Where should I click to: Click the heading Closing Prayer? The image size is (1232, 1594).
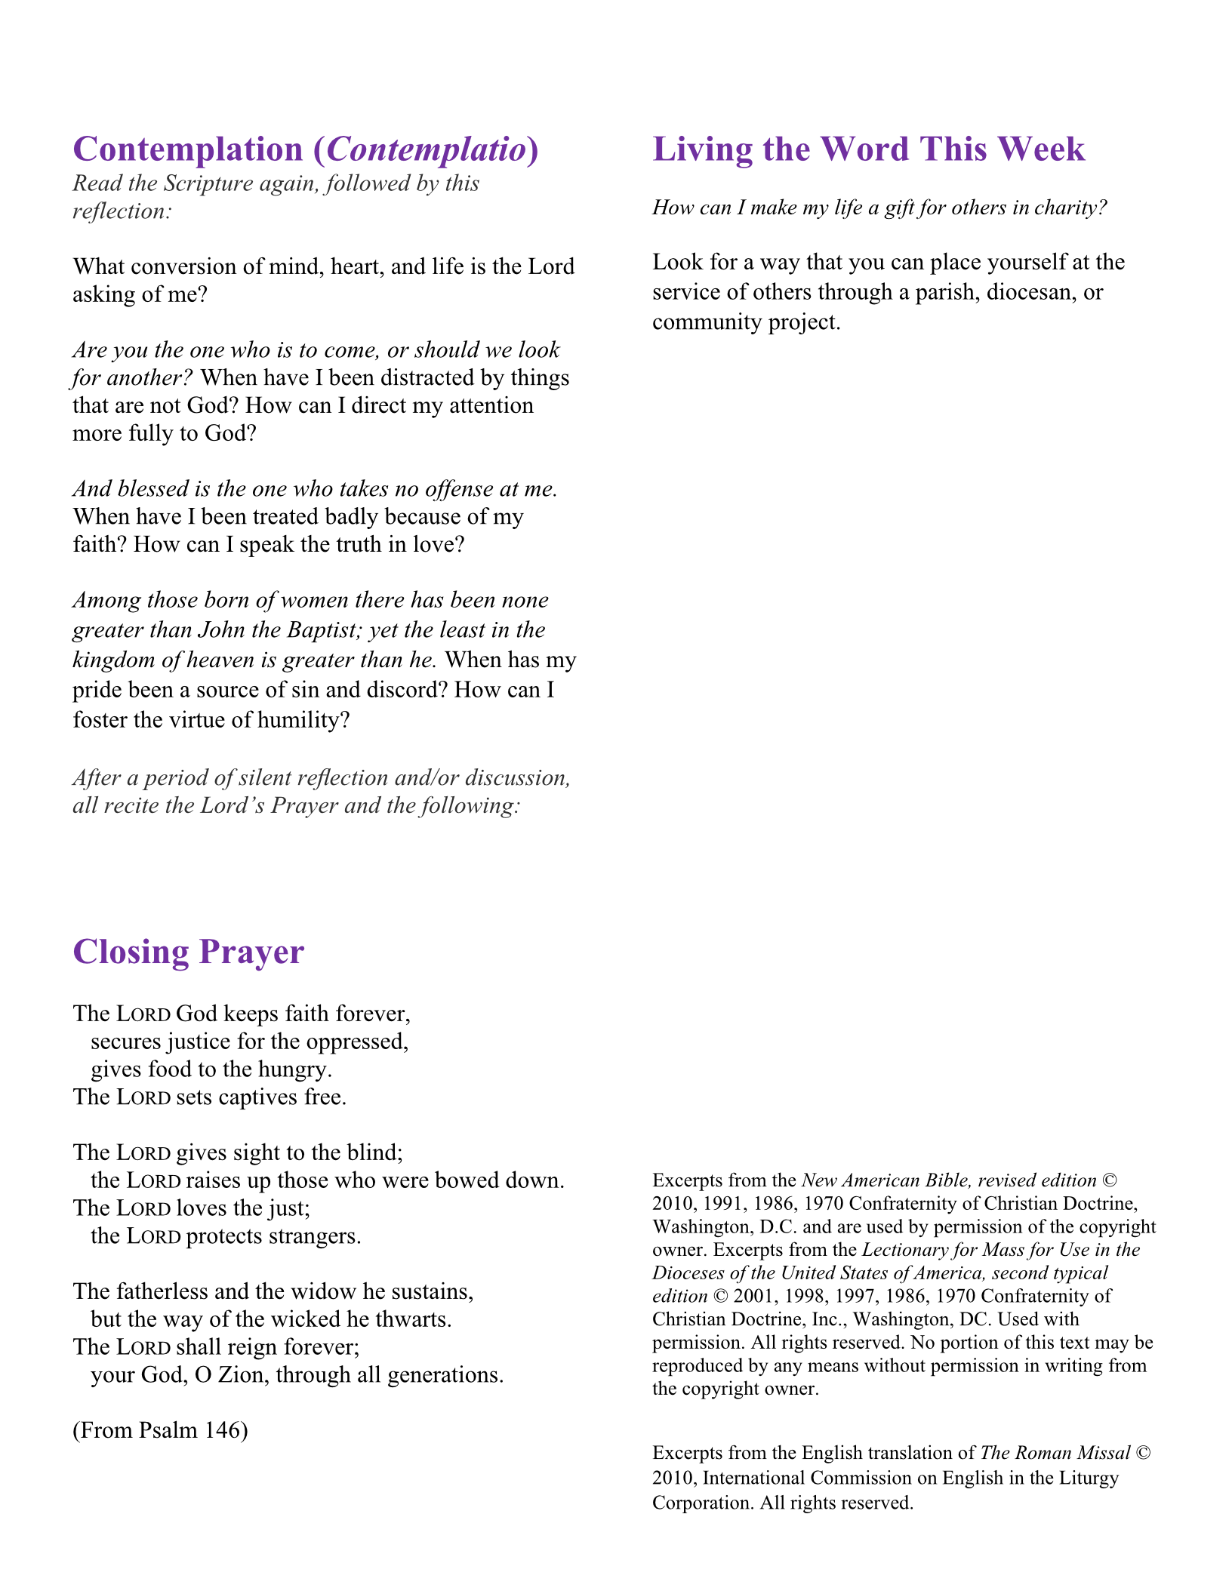point(188,952)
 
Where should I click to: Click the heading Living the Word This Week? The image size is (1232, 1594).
point(868,149)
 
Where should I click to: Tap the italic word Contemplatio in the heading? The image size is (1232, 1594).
point(427,149)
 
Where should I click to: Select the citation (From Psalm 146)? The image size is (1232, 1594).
point(160,1430)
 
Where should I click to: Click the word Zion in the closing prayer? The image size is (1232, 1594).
point(243,1374)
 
